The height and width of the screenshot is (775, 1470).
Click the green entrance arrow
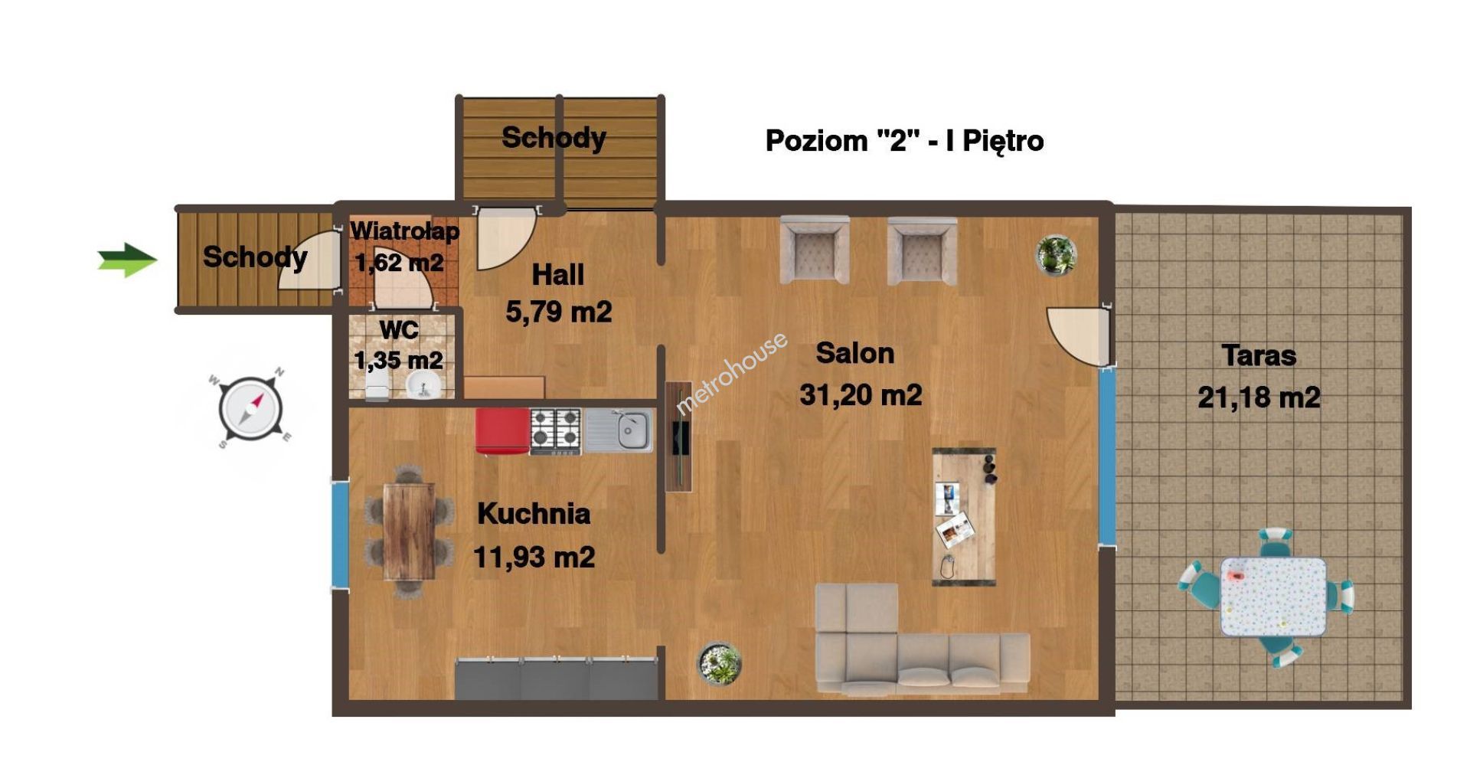coord(127,260)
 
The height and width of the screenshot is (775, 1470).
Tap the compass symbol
coord(250,408)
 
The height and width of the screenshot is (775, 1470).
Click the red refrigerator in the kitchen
coord(502,431)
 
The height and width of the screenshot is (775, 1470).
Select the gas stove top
coord(556,431)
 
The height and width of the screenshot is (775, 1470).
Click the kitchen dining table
coord(409,531)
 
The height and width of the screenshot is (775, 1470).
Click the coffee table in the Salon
coord(964,517)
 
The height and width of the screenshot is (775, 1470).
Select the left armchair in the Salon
coord(815,250)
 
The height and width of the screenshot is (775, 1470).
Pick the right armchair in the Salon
coord(922,250)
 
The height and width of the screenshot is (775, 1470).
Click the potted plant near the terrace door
coord(1056,255)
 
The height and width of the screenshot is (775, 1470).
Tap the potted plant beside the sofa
coord(719,662)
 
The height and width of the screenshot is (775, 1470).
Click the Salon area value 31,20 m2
coord(861,395)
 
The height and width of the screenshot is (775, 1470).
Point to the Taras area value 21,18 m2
coord(1259,397)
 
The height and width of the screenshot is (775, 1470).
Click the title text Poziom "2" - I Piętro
coord(904,141)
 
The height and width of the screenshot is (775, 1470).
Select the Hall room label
coord(557,274)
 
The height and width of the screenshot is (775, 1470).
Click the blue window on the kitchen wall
coord(340,535)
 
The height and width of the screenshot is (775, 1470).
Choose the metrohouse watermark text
coord(732,373)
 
